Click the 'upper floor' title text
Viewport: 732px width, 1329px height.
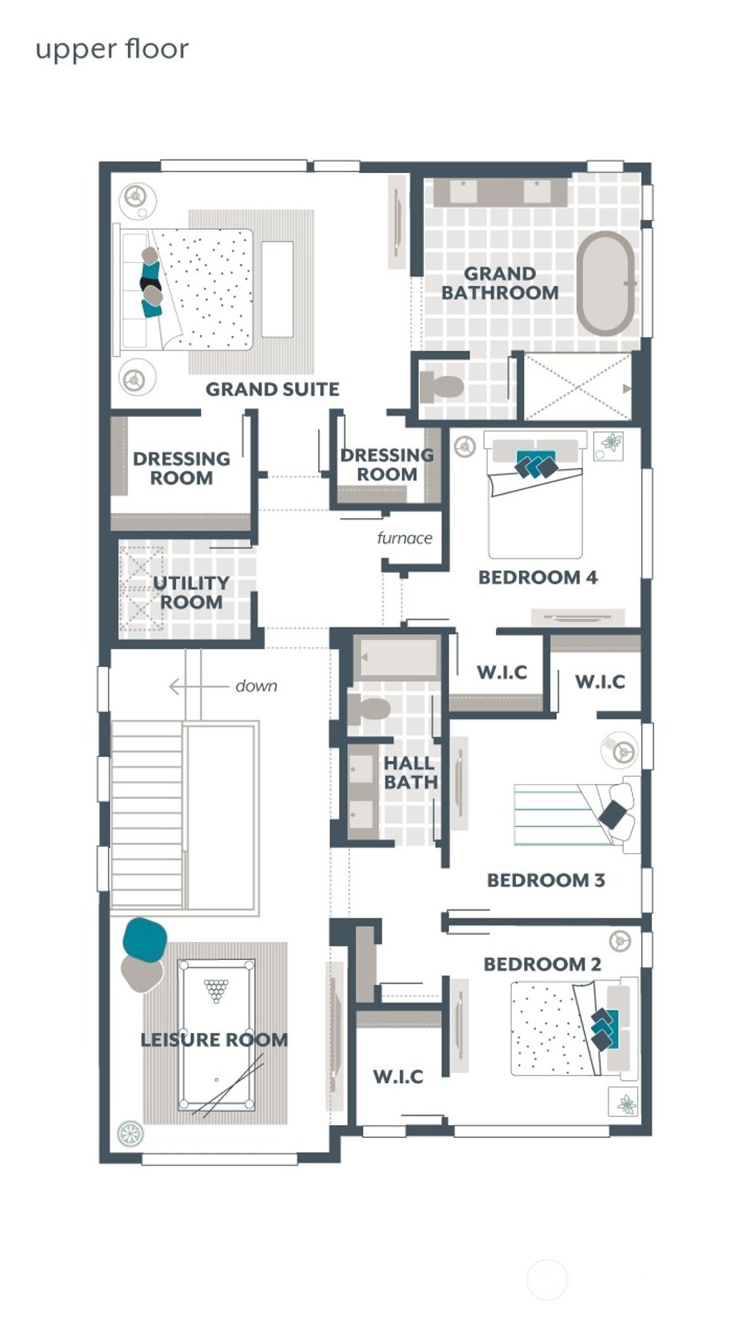[112, 50]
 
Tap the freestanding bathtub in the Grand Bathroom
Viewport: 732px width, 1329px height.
[605, 283]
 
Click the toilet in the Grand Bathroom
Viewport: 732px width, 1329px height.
[442, 388]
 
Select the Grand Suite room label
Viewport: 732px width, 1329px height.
[272, 390]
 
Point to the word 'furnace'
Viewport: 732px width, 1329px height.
[405, 538]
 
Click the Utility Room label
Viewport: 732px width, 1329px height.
[190, 593]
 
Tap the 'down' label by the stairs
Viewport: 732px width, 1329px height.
[256, 686]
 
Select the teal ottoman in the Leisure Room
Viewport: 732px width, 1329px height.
[144, 938]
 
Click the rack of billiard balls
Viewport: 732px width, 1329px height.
[216, 990]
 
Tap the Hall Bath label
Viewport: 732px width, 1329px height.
[410, 773]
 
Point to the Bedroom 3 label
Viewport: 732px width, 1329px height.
[545, 881]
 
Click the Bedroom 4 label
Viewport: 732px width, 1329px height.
[538, 577]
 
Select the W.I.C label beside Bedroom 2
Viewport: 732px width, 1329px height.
[397, 1077]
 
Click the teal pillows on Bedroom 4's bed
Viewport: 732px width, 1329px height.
[536, 465]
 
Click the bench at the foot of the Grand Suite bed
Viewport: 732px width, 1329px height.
[277, 289]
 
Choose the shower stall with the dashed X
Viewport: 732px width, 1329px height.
[578, 387]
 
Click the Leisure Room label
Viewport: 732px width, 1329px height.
[214, 1040]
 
